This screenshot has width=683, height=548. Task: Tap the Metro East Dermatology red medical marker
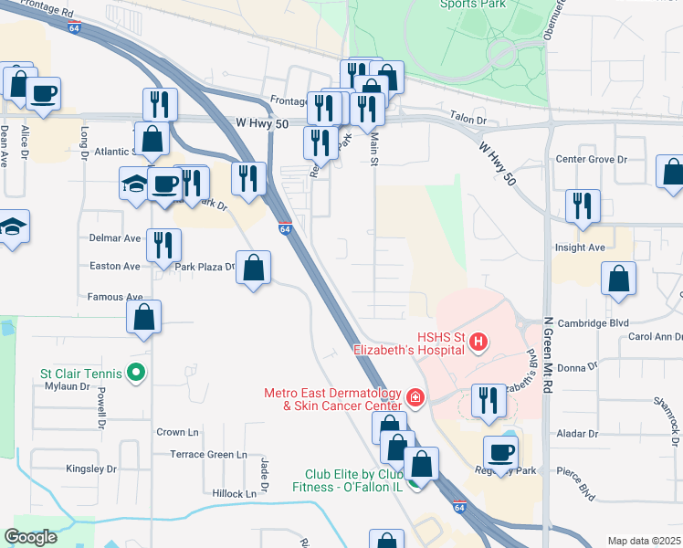415,397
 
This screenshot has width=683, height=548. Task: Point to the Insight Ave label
580,248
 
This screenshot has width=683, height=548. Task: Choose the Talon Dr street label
468,117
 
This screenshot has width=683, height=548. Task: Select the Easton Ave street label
115,267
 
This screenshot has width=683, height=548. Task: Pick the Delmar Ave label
115,237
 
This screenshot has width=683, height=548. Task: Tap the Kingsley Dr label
91,469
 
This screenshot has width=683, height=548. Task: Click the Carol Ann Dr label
650,336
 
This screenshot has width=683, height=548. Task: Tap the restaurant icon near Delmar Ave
163,244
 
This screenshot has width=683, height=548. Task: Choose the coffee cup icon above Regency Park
500,452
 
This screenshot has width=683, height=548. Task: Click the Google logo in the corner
31,537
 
